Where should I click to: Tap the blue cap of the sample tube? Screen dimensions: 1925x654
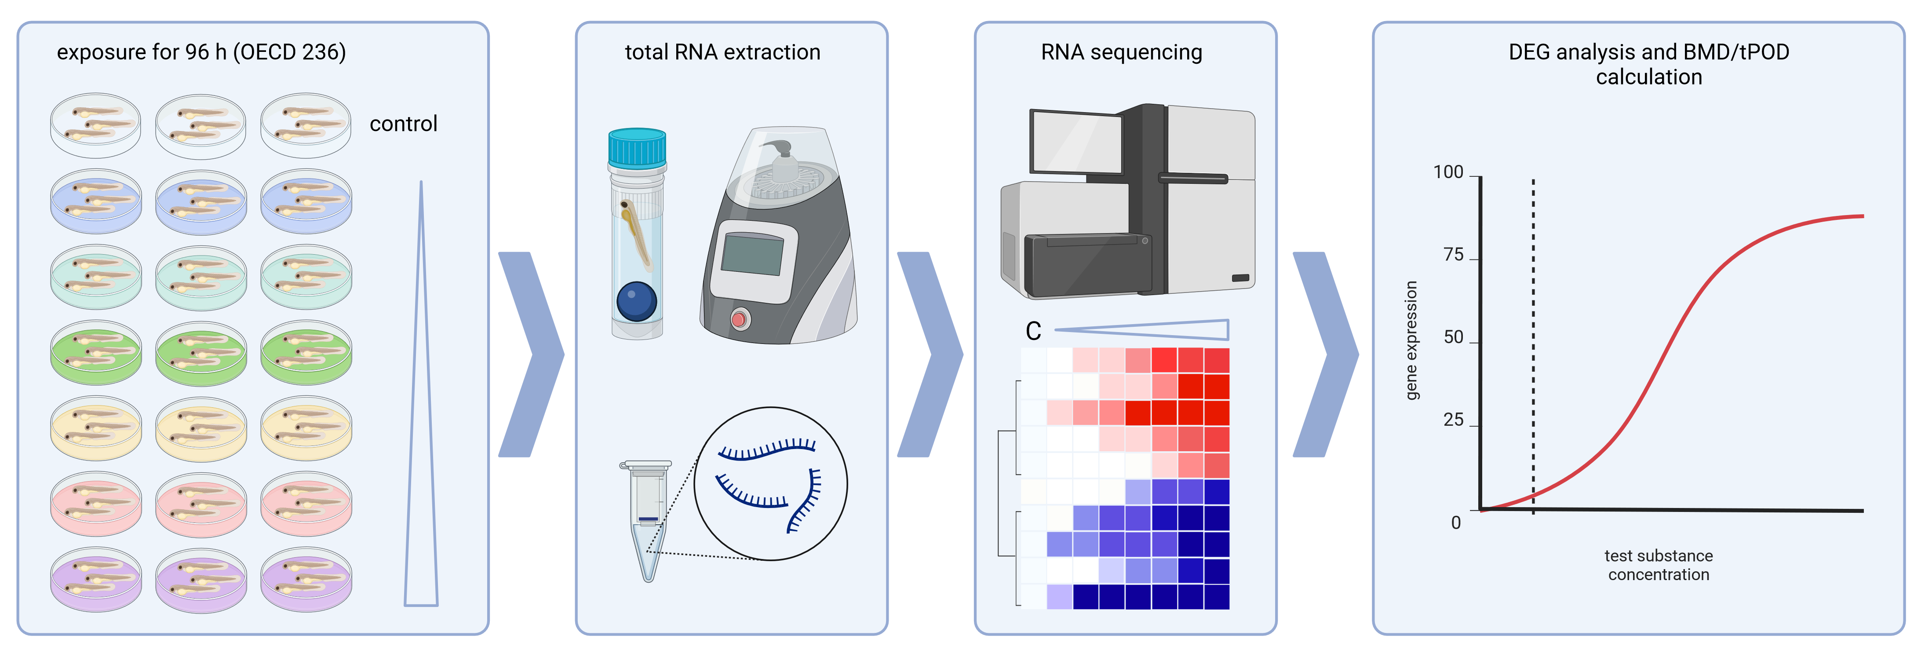[x=637, y=148]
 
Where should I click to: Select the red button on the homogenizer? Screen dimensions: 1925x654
[x=739, y=319]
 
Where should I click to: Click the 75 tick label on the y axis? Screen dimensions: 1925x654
[x=1454, y=255]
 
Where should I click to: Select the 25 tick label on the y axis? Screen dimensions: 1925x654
[x=1454, y=420]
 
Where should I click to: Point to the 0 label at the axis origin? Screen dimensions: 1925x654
[x=1456, y=522]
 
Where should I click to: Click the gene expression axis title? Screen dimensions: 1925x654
[x=1411, y=340]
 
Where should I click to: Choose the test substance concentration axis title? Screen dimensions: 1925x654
[x=1658, y=565]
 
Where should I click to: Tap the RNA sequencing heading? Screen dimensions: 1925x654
[x=1122, y=52]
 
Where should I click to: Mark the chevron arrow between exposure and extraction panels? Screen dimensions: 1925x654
[x=531, y=354]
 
